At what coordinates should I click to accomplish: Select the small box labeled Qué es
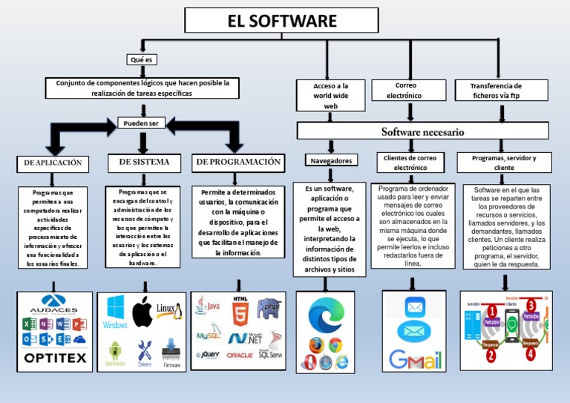point(141,59)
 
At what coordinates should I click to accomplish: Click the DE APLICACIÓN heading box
point(53,162)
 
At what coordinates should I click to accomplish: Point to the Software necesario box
point(422,131)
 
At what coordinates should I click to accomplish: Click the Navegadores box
point(330,160)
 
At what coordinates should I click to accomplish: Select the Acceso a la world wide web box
point(330,96)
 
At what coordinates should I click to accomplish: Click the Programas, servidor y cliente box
point(504,163)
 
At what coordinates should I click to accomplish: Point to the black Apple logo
point(142,312)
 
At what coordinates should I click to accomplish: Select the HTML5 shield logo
point(240,312)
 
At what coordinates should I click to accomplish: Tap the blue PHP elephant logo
point(269,307)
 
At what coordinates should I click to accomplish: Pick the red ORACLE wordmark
point(239,356)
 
